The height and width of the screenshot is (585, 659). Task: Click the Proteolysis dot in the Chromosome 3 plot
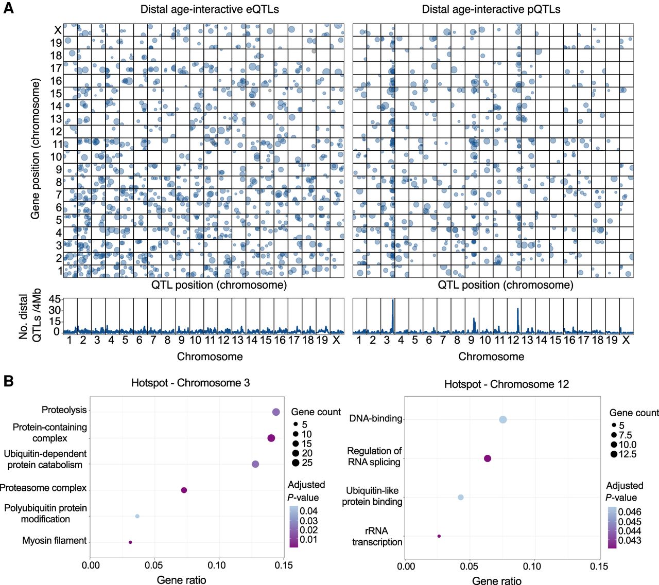click(x=276, y=412)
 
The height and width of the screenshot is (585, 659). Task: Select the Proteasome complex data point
click(x=184, y=490)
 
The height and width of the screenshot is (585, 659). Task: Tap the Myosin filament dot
click(x=130, y=542)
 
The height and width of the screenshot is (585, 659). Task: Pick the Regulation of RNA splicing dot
click(x=488, y=458)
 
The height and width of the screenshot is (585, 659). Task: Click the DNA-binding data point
click(x=503, y=420)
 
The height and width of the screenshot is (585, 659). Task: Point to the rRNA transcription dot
click(x=439, y=536)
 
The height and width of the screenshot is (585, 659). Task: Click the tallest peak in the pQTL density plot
click(x=393, y=300)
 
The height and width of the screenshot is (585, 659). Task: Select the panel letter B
click(x=8, y=381)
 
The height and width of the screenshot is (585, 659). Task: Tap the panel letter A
click(x=8, y=9)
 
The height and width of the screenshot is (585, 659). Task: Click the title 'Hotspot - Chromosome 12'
click(x=507, y=384)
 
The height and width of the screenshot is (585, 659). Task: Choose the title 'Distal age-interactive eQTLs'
click(x=210, y=9)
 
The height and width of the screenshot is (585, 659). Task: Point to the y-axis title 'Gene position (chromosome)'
click(x=35, y=149)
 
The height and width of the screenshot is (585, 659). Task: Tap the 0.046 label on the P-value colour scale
click(x=630, y=512)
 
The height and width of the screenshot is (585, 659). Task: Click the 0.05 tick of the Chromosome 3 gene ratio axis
click(x=154, y=565)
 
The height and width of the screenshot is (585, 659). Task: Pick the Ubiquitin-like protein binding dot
click(x=461, y=498)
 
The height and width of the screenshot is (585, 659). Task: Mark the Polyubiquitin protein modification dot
click(x=137, y=516)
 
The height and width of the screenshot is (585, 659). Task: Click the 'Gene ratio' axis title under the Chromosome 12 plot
click(x=496, y=581)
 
